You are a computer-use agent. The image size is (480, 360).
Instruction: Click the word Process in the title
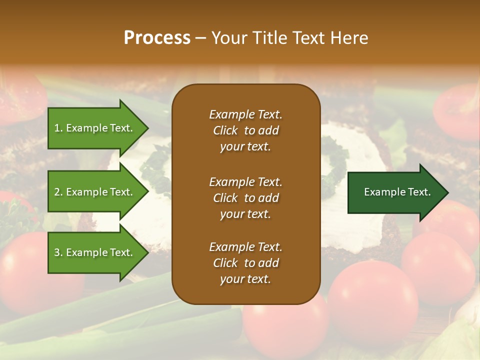[157, 38]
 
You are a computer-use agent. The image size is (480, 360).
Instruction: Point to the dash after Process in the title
[201, 38]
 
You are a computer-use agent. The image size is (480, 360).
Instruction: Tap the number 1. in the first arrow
[58, 128]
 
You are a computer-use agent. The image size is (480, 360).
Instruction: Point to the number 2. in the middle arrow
[58, 192]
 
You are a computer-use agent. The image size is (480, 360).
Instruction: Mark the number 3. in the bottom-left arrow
[58, 252]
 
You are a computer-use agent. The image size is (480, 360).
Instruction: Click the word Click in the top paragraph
[225, 130]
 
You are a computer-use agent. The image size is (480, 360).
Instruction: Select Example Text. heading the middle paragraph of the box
[245, 182]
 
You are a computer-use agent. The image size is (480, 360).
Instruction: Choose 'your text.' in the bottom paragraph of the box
[245, 279]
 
